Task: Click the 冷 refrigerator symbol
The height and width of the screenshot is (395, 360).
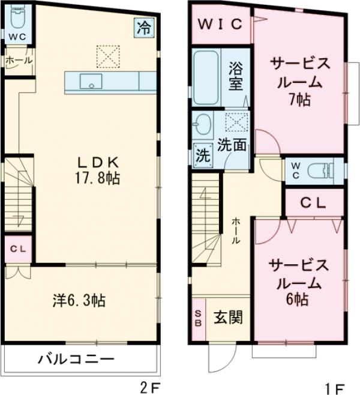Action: pos(143,27)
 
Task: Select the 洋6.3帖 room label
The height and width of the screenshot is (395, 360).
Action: pos(79,300)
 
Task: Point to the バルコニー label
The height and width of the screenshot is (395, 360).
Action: pos(76,360)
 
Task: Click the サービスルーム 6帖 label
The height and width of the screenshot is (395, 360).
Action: pos(298,282)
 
